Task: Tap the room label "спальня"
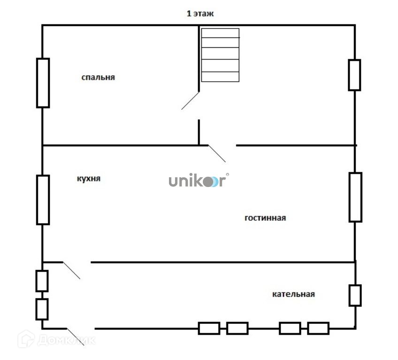[x=98, y=77]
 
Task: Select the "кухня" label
[x=88, y=179]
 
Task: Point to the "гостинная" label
[x=265, y=218]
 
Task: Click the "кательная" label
[x=293, y=294]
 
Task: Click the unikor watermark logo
[x=197, y=181]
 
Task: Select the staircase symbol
[x=220, y=55]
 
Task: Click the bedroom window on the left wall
[x=43, y=83]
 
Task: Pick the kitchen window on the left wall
[x=43, y=200]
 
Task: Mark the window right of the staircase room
[x=354, y=75]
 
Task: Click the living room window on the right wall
[x=355, y=197]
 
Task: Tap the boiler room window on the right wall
[x=355, y=295]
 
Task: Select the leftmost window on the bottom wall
[x=209, y=328]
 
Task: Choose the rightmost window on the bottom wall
[x=318, y=328]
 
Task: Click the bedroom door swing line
[x=191, y=100]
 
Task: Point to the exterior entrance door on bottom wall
[x=75, y=336]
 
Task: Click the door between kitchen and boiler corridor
[x=71, y=270]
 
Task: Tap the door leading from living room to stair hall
[x=217, y=153]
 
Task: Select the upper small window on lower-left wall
[x=42, y=281]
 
